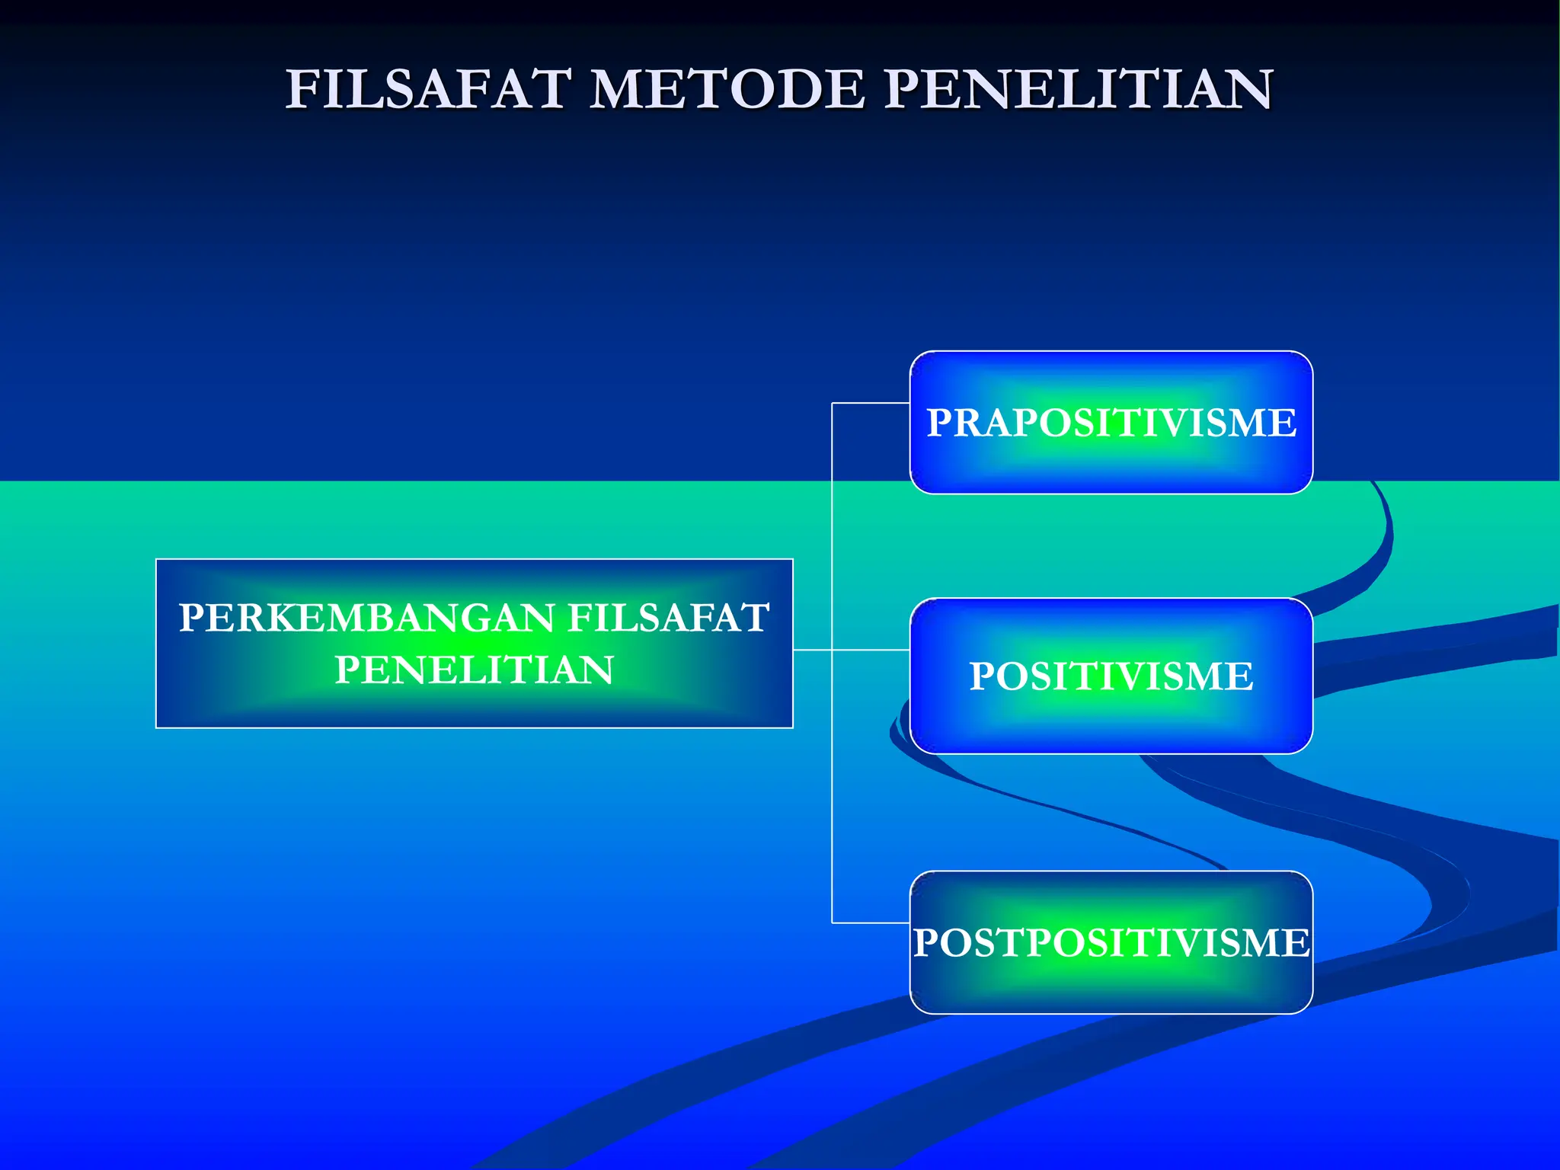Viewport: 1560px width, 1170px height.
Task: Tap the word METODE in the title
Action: click(x=727, y=89)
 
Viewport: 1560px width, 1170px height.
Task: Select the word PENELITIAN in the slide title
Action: click(x=1078, y=89)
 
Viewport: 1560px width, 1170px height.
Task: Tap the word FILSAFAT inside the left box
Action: click(x=668, y=618)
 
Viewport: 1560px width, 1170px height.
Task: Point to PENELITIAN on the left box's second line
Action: click(x=474, y=670)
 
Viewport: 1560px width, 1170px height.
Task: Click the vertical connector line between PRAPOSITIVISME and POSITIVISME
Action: click(x=832, y=526)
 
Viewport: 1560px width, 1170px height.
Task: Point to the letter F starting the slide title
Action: click(x=302, y=89)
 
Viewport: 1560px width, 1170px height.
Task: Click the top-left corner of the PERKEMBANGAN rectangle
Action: click(x=157, y=560)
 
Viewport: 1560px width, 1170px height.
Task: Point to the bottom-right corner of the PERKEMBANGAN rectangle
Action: click(x=792, y=727)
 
